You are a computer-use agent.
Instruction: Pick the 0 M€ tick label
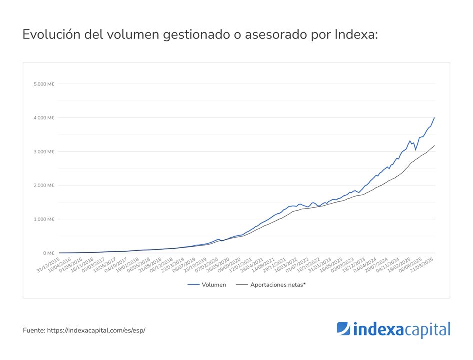coord(49,253)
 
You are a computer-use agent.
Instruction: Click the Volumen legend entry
coord(206,285)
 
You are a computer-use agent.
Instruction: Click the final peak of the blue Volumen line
coord(434,118)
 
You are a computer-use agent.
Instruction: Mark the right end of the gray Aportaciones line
coord(434,145)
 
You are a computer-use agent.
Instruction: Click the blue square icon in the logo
coord(343,329)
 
